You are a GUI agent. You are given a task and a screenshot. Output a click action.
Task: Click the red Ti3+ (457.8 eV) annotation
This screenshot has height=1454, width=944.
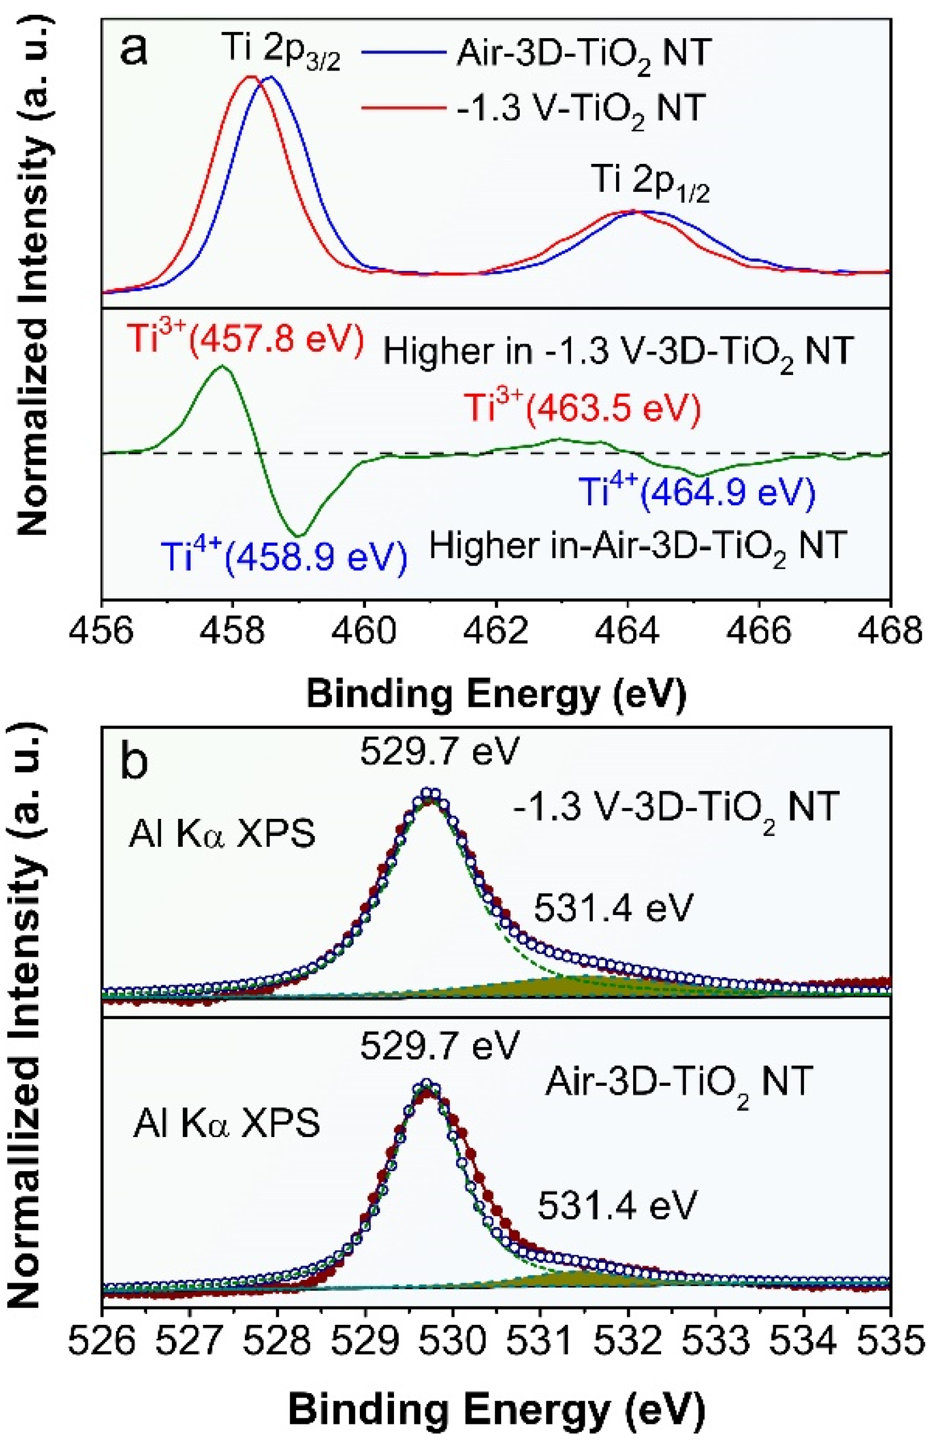point(245,339)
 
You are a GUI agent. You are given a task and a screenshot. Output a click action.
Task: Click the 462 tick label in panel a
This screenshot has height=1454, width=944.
point(496,630)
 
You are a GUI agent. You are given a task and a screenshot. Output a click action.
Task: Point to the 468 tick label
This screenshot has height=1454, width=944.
point(889,630)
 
